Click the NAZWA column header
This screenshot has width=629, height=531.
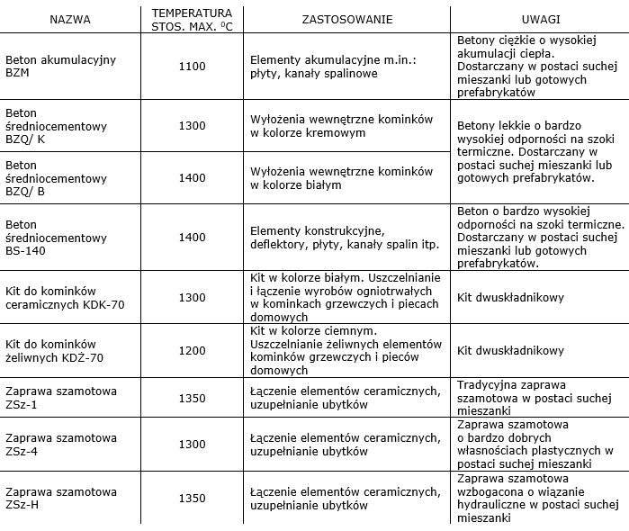click(70, 19)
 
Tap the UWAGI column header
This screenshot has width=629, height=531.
click(539, 19)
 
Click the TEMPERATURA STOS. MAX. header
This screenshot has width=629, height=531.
click(192, 19)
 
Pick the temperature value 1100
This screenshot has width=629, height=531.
click(192, 66)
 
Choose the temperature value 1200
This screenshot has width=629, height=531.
click(192, 350)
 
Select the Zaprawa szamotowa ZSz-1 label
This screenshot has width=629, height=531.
click(61, 397)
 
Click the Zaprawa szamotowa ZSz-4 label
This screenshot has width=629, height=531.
click(61, 444)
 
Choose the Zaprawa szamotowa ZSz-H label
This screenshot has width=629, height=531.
click(61, 498)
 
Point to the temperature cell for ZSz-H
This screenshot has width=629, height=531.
click(192, 498)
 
